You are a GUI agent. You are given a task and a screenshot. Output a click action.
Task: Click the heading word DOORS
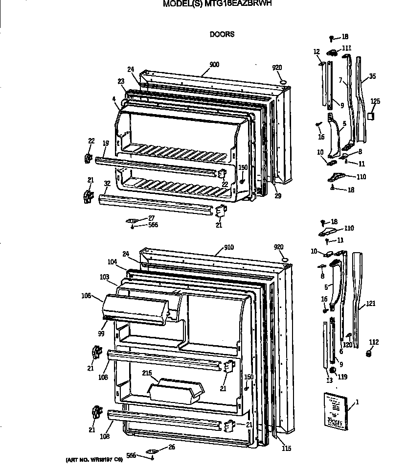click(x=222, y=34)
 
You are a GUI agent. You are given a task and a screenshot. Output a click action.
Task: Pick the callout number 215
click(x=147, y=373)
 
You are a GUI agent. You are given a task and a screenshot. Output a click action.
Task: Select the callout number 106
click(x=87, y=295)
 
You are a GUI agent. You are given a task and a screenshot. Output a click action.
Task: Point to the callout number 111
click(x=346, y=47)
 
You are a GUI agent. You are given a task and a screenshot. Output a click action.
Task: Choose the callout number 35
click(x=372, y=76)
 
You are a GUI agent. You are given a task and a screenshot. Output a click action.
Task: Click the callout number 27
click(x=152, y=218)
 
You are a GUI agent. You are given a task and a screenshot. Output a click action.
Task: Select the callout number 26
click(x=171, y=446)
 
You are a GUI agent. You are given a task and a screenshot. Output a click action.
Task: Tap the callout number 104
click(x=112, y=262)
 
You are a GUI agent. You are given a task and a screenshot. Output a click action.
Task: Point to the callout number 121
click(x=371, y=304)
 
